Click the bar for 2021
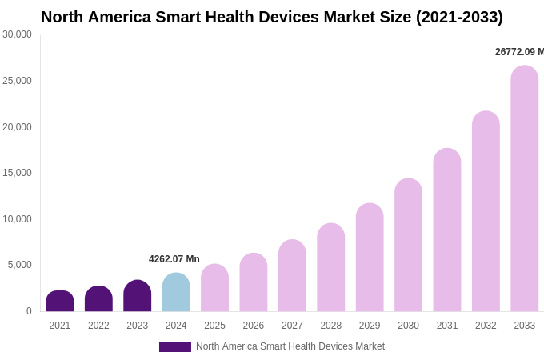(60, 302)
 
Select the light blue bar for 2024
(176, 293)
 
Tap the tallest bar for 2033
(525, 189)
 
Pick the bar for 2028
(331, 267)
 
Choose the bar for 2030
(408, 245)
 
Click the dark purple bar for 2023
(138, 296)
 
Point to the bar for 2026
(254, 282)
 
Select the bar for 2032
(486, 211)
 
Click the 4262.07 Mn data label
(174, 259)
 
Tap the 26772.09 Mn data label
(519, 52)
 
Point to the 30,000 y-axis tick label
(17, 34)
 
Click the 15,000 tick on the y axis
(17, 173)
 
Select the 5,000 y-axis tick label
(20, 265)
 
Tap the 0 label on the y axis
(29, 311)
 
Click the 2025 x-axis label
(214, 326)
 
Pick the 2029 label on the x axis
(370, 326)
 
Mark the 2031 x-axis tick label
(447, 326)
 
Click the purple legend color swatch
(175, 347)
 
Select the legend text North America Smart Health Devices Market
(290, 346)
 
